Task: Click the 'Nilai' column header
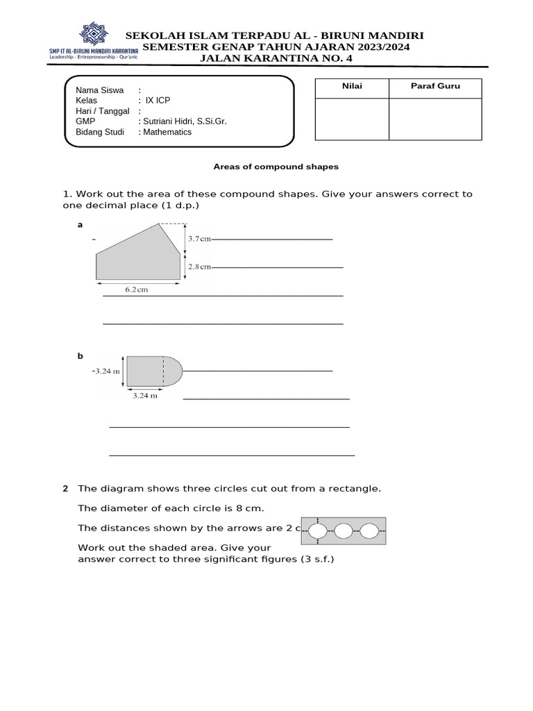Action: [352, 87]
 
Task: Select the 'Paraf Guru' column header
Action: [435, 87]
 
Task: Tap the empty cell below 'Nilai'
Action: [352, 119]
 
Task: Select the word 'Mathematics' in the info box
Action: [167, 132]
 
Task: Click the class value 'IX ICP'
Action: [158, 100]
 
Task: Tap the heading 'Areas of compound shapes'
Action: [276, 167]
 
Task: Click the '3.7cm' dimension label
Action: [200, 239]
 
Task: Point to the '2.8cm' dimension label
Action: [200, 266]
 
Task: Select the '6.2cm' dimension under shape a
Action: [137, 290]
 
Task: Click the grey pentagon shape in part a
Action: [139, 257]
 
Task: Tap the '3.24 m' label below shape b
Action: [145, 396]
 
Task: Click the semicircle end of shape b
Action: [173, 371]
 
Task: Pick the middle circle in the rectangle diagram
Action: [344, 532]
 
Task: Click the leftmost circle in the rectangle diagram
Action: [318, 532]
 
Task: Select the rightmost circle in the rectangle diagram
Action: [369, 532]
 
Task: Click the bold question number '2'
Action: [65, 489]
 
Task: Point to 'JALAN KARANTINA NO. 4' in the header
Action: [276, 58]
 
